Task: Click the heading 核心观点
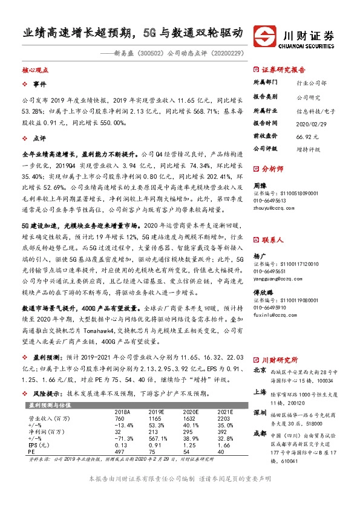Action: [36, 71]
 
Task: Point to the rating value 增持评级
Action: [309, 148]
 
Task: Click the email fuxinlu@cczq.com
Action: [275, 316]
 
